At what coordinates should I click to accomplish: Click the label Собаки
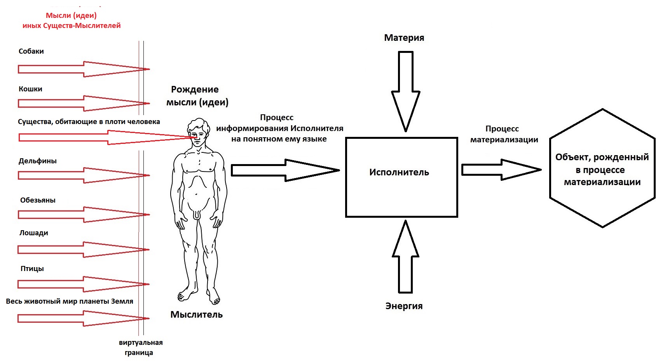[31, 51]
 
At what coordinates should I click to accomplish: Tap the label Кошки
[30, 89]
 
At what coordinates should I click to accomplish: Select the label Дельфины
[38, 161]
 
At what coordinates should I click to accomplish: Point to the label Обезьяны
[38, 200]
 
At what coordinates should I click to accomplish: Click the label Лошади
[34, 233]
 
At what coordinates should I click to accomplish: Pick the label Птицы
[32, 269]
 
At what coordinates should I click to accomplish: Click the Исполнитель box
[401, 177]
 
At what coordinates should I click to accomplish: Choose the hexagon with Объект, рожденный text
[602, 168]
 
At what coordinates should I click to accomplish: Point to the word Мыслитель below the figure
[196, 315]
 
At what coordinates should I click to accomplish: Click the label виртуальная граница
[140, 348]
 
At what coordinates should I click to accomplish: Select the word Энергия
[404, 306]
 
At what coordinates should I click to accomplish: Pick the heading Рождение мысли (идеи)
[197, 96]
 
